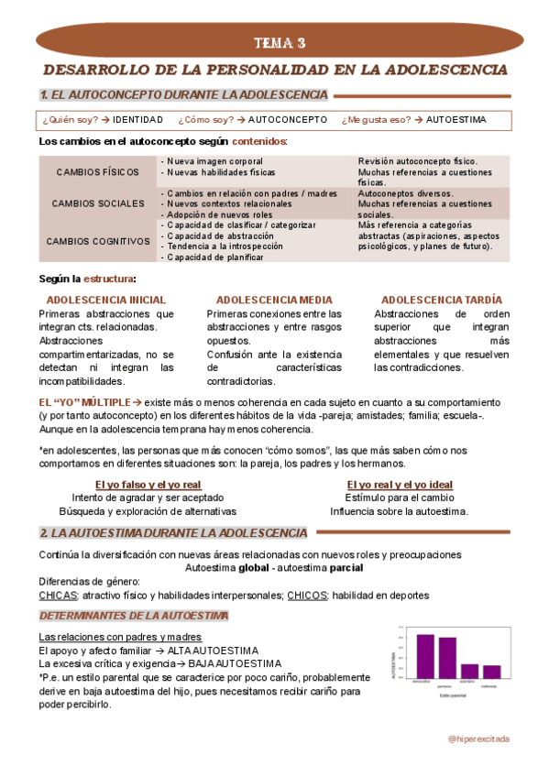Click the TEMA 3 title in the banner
coord(280,43)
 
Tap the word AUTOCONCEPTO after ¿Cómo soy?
coord(287,120)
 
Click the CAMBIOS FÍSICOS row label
coord(98,172)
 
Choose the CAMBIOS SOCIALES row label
coord(98,203)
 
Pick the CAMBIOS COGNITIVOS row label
coord(98,241)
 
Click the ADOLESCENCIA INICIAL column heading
coord(106,300)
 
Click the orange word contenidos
coord(258,142)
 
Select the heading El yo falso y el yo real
coord(148,485)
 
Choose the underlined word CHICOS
coord(309,595)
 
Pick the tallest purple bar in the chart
coord(425,659)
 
